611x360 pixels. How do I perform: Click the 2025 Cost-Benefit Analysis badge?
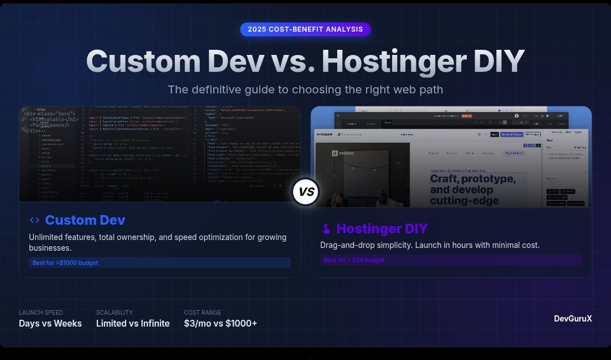tap(305, 29)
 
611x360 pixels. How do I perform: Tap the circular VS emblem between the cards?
tap(305, 192)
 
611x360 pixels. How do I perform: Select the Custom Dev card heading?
tap(85, 220)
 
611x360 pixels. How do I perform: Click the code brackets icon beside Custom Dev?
tap(35, 220)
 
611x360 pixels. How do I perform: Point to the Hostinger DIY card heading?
tap(382, 229)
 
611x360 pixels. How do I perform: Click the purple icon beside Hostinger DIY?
tap(326, 229)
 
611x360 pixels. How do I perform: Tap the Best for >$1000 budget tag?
tap(65, 263)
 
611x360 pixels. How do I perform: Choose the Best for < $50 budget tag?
tap(354, 260)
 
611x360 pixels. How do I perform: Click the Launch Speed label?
tap(41, 312)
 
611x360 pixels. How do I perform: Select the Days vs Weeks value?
tap(50, 324)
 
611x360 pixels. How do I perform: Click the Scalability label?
tap(114, 312)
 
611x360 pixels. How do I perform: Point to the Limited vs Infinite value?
tap(133, 324)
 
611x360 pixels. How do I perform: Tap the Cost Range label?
tap(203, 312)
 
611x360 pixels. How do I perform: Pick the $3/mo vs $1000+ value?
tap(221, 324)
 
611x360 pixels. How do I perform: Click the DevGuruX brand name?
tap(573, 319)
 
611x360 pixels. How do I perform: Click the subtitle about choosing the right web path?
tap(305, 89)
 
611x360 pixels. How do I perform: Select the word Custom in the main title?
tap(144, 61)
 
